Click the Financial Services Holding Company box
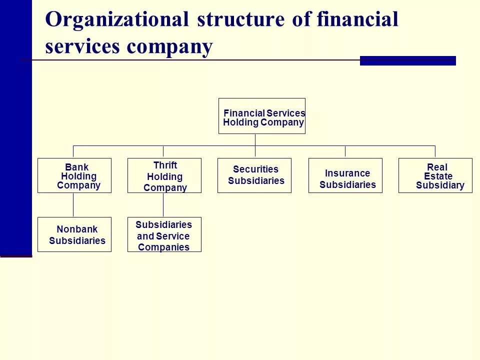pos(261,116)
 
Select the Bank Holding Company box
pos(74,175)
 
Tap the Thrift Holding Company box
pos(164,175)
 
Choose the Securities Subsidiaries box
pos(254,175)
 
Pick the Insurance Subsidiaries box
pos(345,175)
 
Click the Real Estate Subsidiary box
pos(435,175)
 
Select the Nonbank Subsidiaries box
pos(74,234)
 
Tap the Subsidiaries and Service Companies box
pos(164,234)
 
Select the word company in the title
pos(169,47)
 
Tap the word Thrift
pos(165,165)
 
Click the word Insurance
pos(347,173)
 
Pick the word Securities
pos(255,169)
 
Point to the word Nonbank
pos(77,229)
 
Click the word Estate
pos(438,176)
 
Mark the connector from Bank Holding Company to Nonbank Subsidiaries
pos(73,205)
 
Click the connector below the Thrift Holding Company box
pos(163,205)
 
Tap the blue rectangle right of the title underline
pos(407,60)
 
